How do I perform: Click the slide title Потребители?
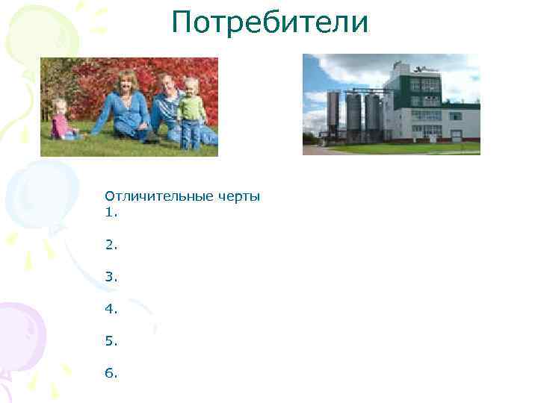pos(270,22)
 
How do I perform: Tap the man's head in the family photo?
pos(170,81)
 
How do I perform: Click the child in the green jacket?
pos(191,108)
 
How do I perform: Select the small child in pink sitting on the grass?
pos(60,121)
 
